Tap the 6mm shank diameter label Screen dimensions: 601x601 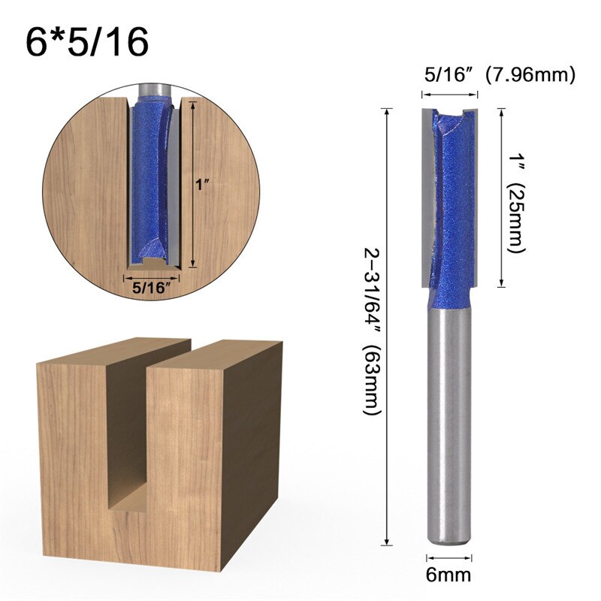click(449, 576)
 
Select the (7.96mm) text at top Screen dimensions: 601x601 click(530, 75)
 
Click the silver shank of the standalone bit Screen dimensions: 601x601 click(449, 421)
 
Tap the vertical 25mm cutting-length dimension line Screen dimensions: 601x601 click(501, 197)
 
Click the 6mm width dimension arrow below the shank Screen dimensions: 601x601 click(449, 557)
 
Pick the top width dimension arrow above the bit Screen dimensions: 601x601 click(449, 95)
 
